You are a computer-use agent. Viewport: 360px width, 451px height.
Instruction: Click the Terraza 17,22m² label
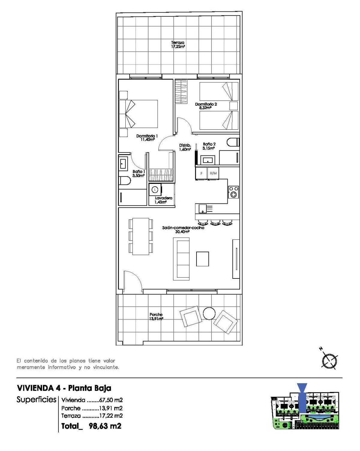point(178,45)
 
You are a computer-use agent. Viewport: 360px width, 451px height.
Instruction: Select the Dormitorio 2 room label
point(206,106)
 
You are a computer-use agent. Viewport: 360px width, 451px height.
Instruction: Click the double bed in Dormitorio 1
point(139,114)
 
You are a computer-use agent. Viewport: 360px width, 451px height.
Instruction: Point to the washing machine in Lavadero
point(155,190)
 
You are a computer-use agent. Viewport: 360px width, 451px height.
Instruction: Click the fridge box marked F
point(201,173)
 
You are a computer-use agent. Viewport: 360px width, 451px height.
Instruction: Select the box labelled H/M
point(213,173)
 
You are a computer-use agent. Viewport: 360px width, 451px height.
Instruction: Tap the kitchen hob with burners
point(233,192)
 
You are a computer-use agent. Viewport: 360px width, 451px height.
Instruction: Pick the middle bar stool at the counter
point(215,222)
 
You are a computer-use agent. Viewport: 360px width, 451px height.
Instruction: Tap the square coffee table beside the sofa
point(202,259)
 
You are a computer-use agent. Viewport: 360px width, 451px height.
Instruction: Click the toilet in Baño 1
point(124,181)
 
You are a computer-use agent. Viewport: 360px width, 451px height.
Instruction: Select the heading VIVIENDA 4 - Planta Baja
point(64,388)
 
